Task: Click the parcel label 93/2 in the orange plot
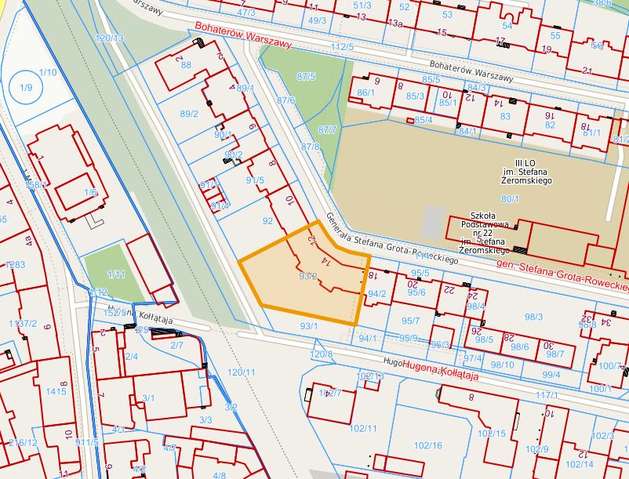coord(307,276)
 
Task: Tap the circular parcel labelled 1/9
coord(27,87)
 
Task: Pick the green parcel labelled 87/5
coord(306,76)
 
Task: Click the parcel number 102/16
coord(428,445)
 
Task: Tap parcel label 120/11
coord(242,372)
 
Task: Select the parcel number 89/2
coord(189,114)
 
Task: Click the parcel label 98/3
coord(533,317)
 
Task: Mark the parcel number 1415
coord(56,390)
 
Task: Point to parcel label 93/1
coord(308,325)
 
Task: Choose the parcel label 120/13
coord(109,38)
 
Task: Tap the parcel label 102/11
coord(362,428)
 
